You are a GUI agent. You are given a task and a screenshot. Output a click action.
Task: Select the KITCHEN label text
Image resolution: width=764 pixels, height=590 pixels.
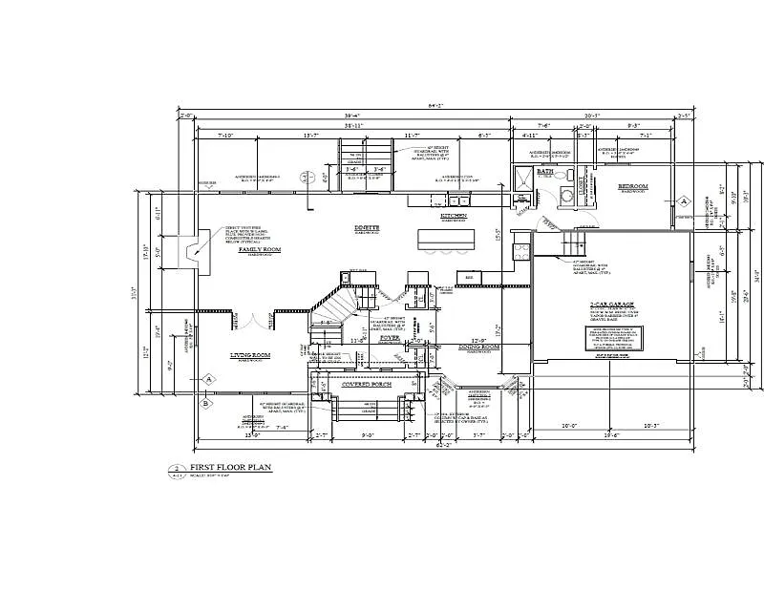pyautogui.click(x=453, y=216)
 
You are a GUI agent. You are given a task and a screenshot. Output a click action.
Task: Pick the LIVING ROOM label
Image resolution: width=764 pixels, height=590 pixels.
pyautogui.click(x=251, y=355)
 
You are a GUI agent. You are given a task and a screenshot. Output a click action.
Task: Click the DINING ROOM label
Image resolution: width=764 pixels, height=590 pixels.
pyautogui.click(x=478, y=347)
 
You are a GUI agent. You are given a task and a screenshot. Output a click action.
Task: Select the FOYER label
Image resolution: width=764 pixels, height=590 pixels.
pyautogui.click(x=390, y=337)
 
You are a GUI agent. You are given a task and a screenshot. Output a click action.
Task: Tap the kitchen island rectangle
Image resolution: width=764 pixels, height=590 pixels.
pyautogui.click(x=446, y=237)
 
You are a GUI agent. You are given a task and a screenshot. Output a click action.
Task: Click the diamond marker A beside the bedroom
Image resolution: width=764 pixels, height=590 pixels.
pyautogui.click(x=684, y=201)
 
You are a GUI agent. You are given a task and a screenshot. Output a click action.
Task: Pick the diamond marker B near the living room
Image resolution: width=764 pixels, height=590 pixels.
pyautogui.click(x=205, y=403)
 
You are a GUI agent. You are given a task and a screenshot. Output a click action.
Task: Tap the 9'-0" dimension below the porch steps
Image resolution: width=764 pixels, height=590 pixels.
pyautogui.click(x=368, y=435)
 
